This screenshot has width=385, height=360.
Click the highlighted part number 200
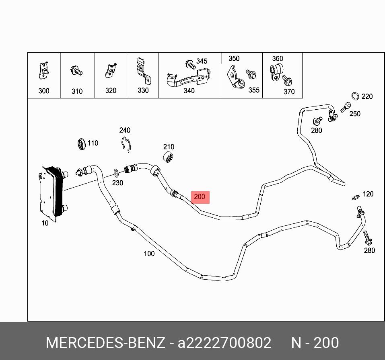tap(200, 197)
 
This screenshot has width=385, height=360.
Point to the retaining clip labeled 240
tap(126, 144)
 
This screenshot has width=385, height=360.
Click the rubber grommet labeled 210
tap(169, 158)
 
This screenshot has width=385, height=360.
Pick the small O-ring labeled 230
tap(116, 173)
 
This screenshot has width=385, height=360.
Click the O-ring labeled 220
tap(355, 96)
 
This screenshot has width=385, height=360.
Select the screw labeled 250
tap(344, 108)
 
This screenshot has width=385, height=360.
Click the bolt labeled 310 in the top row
tap(76, 71)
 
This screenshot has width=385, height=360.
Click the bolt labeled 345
tap(190, 64)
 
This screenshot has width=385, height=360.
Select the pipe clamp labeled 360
tap(277, 72)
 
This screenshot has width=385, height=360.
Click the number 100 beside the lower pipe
tap(149, 254)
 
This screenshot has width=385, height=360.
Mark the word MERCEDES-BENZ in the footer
tap(105, 343)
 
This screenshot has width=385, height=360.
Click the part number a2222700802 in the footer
tap(224, 343)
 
